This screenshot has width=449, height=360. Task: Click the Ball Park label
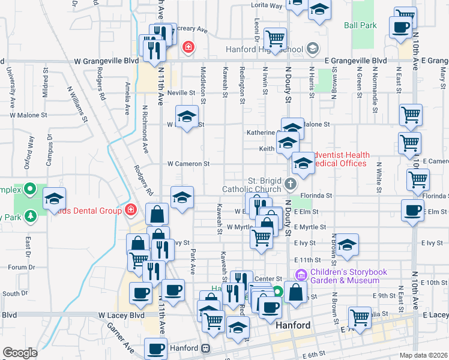click(360, 26)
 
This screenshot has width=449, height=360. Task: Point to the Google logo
click(19, 353)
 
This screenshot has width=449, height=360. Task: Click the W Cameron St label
click(188, 163)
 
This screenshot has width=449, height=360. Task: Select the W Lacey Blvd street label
click(122, 315)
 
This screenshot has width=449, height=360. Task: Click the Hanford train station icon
click(205, 348)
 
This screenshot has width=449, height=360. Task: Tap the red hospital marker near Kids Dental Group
click(130, 210)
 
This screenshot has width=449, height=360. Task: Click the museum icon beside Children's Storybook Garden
click(301, 275)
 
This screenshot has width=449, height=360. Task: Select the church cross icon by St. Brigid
click(291, 184)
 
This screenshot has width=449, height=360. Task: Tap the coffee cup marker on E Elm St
click(412, 211)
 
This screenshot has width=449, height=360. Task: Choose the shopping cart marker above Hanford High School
click(275, 38)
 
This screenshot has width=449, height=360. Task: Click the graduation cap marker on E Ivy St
click(347, 245)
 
